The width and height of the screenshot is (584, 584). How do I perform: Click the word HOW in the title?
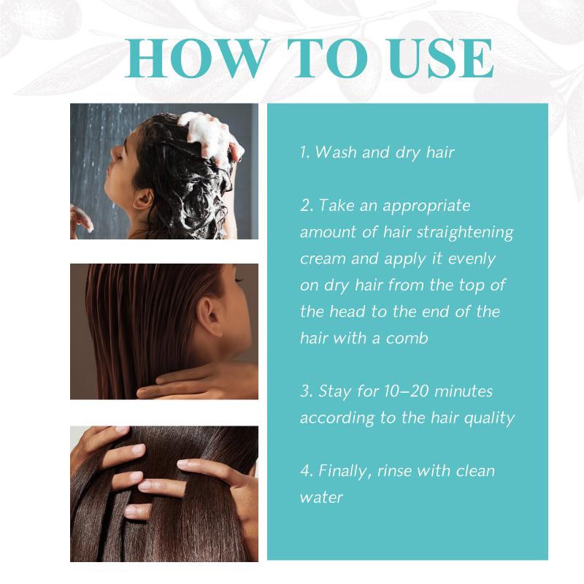pos(198,58)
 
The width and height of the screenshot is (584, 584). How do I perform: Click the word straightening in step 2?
pos(465,232)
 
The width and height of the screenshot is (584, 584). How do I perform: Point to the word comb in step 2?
pos(407,338)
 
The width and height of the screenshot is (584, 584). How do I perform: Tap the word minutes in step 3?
pos(463,391)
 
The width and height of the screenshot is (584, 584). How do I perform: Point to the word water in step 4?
pos(321,498)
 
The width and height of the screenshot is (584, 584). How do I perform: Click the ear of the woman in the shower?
pos(143,199)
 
